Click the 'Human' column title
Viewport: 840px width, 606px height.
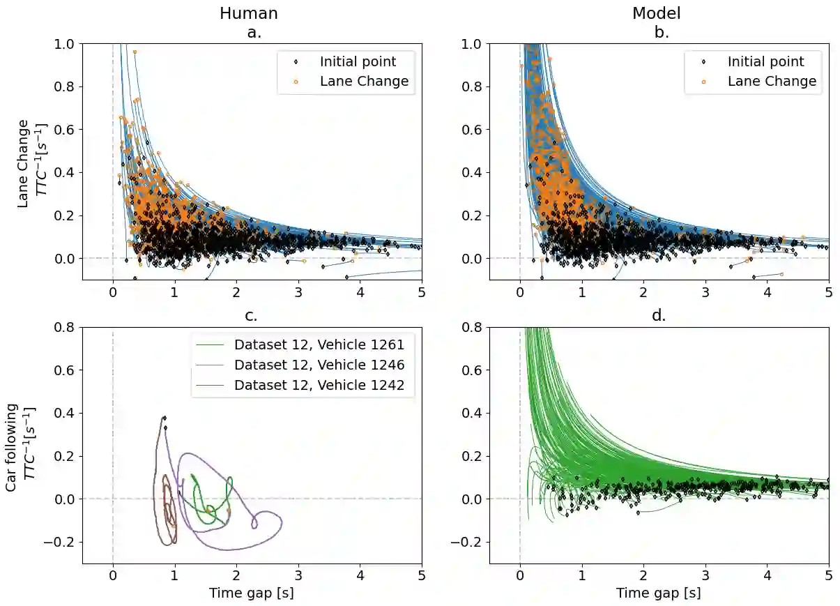pos(249,13)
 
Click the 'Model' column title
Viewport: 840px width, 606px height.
pos(656,13)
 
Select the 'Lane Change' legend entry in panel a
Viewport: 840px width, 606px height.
pos(364,81)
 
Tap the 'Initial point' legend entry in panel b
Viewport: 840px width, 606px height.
pos(765,61)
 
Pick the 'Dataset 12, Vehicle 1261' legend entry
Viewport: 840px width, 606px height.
pos(319,344)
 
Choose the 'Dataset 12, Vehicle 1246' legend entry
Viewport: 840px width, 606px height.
pos(319,365)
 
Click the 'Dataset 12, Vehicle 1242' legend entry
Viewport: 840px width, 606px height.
pos(319,385)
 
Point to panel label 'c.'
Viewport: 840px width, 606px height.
pos(251,315)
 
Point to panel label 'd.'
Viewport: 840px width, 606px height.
pos(658,315)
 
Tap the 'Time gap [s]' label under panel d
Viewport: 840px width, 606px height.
pos(658,593)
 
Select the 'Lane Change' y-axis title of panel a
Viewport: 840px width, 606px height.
pos(24,163)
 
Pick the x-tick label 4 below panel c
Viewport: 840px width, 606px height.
pos(360,576)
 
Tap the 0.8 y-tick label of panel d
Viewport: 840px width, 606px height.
pos(471,327)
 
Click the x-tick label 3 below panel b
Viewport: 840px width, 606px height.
pos(705,293)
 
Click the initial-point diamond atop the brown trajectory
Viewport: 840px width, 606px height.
pos(165,418)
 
